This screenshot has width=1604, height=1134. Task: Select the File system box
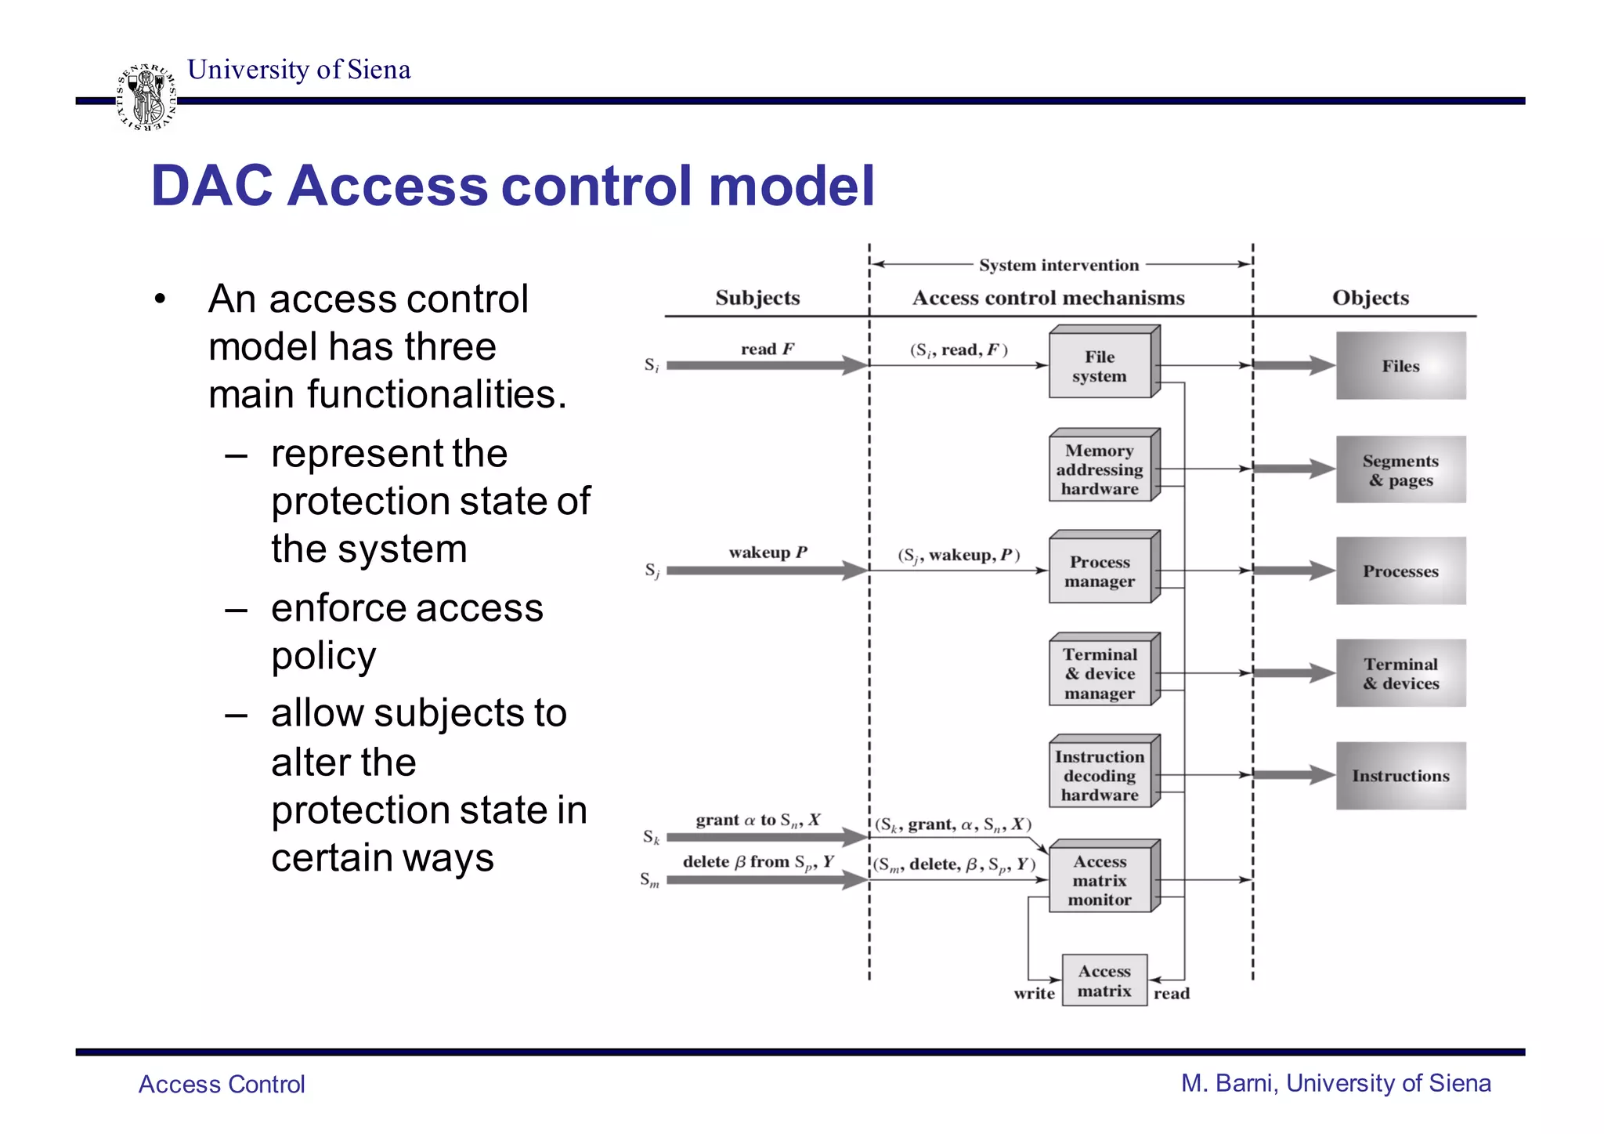(1100, 366)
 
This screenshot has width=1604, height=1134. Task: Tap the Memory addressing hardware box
(1100, 469)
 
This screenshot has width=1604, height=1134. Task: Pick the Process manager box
(1100, 571)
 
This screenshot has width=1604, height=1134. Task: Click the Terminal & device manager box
(1100, 674)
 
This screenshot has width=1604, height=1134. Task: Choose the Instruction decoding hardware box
(1100, 776)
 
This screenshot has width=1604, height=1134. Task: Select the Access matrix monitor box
(1100, 880)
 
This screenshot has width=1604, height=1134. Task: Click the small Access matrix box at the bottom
(1104, 980)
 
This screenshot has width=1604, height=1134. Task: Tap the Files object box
(1400, 366)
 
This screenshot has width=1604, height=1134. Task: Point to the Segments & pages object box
(1400, 469)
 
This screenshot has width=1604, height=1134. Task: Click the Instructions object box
(1400, 776)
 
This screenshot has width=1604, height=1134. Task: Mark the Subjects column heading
(757, 298)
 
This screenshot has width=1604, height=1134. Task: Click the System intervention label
(1059, 265)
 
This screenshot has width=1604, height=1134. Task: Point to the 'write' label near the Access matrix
(1034, 994)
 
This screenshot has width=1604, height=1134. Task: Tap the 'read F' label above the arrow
(768, 349)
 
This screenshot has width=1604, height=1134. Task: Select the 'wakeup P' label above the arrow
(768, 553)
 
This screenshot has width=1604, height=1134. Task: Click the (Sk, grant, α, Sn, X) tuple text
(953, 824)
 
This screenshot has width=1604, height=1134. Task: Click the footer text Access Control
(222, 1084)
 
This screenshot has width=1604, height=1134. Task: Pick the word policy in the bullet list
(323, 656)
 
